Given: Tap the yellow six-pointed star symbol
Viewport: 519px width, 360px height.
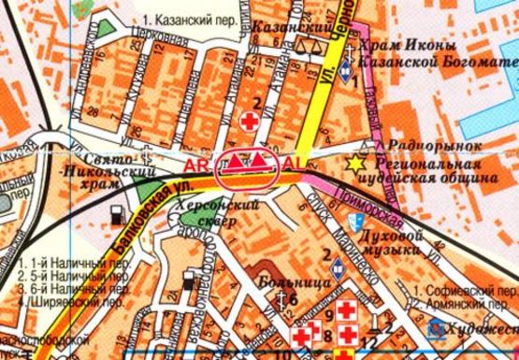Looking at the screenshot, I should [x=355, y=164].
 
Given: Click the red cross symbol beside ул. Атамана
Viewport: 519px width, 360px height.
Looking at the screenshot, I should [x=250, y=121].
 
